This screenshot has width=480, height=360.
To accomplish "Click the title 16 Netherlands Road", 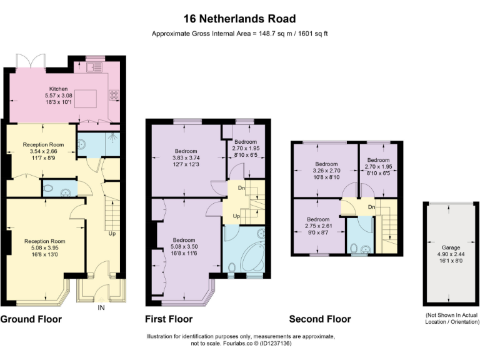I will [240, 19].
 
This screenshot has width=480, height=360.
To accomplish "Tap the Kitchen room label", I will [59, 89].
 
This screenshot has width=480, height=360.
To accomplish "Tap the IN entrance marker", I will [101, 307].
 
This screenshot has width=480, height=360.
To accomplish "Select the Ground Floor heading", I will [31, 319].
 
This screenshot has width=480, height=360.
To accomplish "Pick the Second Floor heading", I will [320, 319].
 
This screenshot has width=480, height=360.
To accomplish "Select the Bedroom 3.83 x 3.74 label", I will [186, 157].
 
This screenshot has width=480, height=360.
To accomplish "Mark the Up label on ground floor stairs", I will [112, 234].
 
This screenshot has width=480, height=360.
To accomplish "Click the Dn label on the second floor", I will [371, 207].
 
